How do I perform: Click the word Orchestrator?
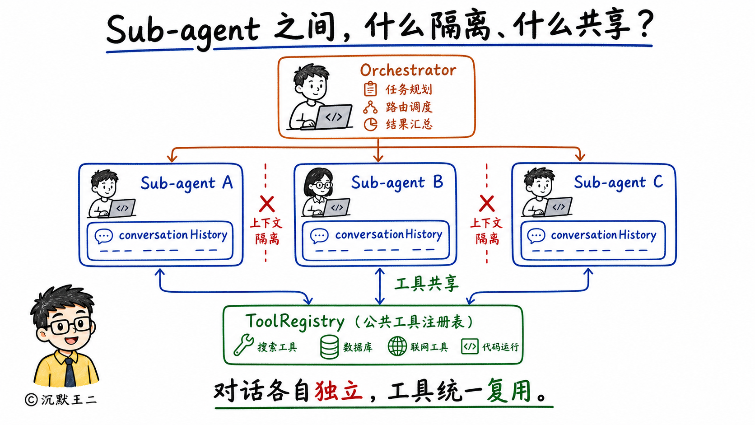tap(408, 70)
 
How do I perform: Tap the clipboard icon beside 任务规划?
tap(370, 89)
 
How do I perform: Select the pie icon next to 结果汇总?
tap(370, 124)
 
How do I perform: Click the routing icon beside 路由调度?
tap(370, 107)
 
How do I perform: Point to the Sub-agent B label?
tap(397, 183)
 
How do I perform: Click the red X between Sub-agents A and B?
tap(267, 204)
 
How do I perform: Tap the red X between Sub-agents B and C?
tap(487, 203)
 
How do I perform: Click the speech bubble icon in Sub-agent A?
tap(103, 236)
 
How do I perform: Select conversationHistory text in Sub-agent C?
tap(603, 235)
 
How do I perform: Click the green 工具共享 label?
tap(426, 284)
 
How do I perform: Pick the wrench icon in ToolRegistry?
tap(243, 345)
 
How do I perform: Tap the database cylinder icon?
tap(329, 347)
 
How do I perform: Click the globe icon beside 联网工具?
tap(397, 346)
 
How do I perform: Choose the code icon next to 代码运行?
tap(470, 346)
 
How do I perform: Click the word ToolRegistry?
tap(295, 321)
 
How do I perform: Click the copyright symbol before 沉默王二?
tap(31, 400)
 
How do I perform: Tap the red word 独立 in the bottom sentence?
tap(339, 391)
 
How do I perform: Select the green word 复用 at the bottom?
tap(509, 391)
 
